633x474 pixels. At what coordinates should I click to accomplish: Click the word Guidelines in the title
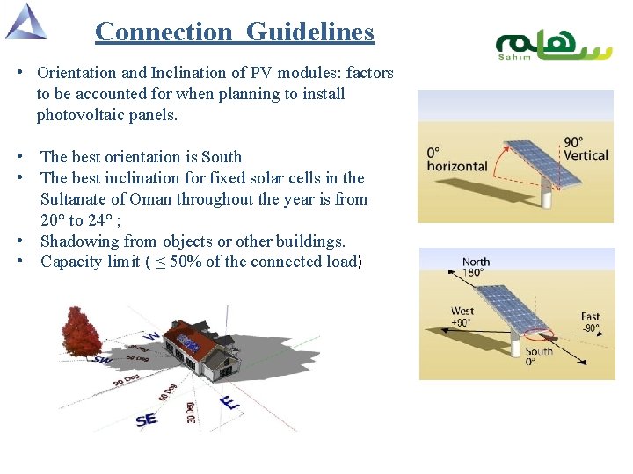click(310, 32)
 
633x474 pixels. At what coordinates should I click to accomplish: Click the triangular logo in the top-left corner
click(26, 21)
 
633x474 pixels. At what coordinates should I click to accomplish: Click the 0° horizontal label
click(456, 160)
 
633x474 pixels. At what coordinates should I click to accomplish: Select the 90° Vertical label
click(585, 149)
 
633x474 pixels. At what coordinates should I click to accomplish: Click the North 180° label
click(476, 267)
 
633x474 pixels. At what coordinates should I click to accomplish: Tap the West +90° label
click(462, 316)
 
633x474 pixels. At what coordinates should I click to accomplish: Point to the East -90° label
click(591, 322)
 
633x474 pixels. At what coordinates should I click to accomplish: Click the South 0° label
click(539, 356)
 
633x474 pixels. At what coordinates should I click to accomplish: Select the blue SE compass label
click(147, 420)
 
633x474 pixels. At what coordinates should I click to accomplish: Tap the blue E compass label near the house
click(230, 403)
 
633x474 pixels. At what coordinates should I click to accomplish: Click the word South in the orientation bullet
click(221, 157)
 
